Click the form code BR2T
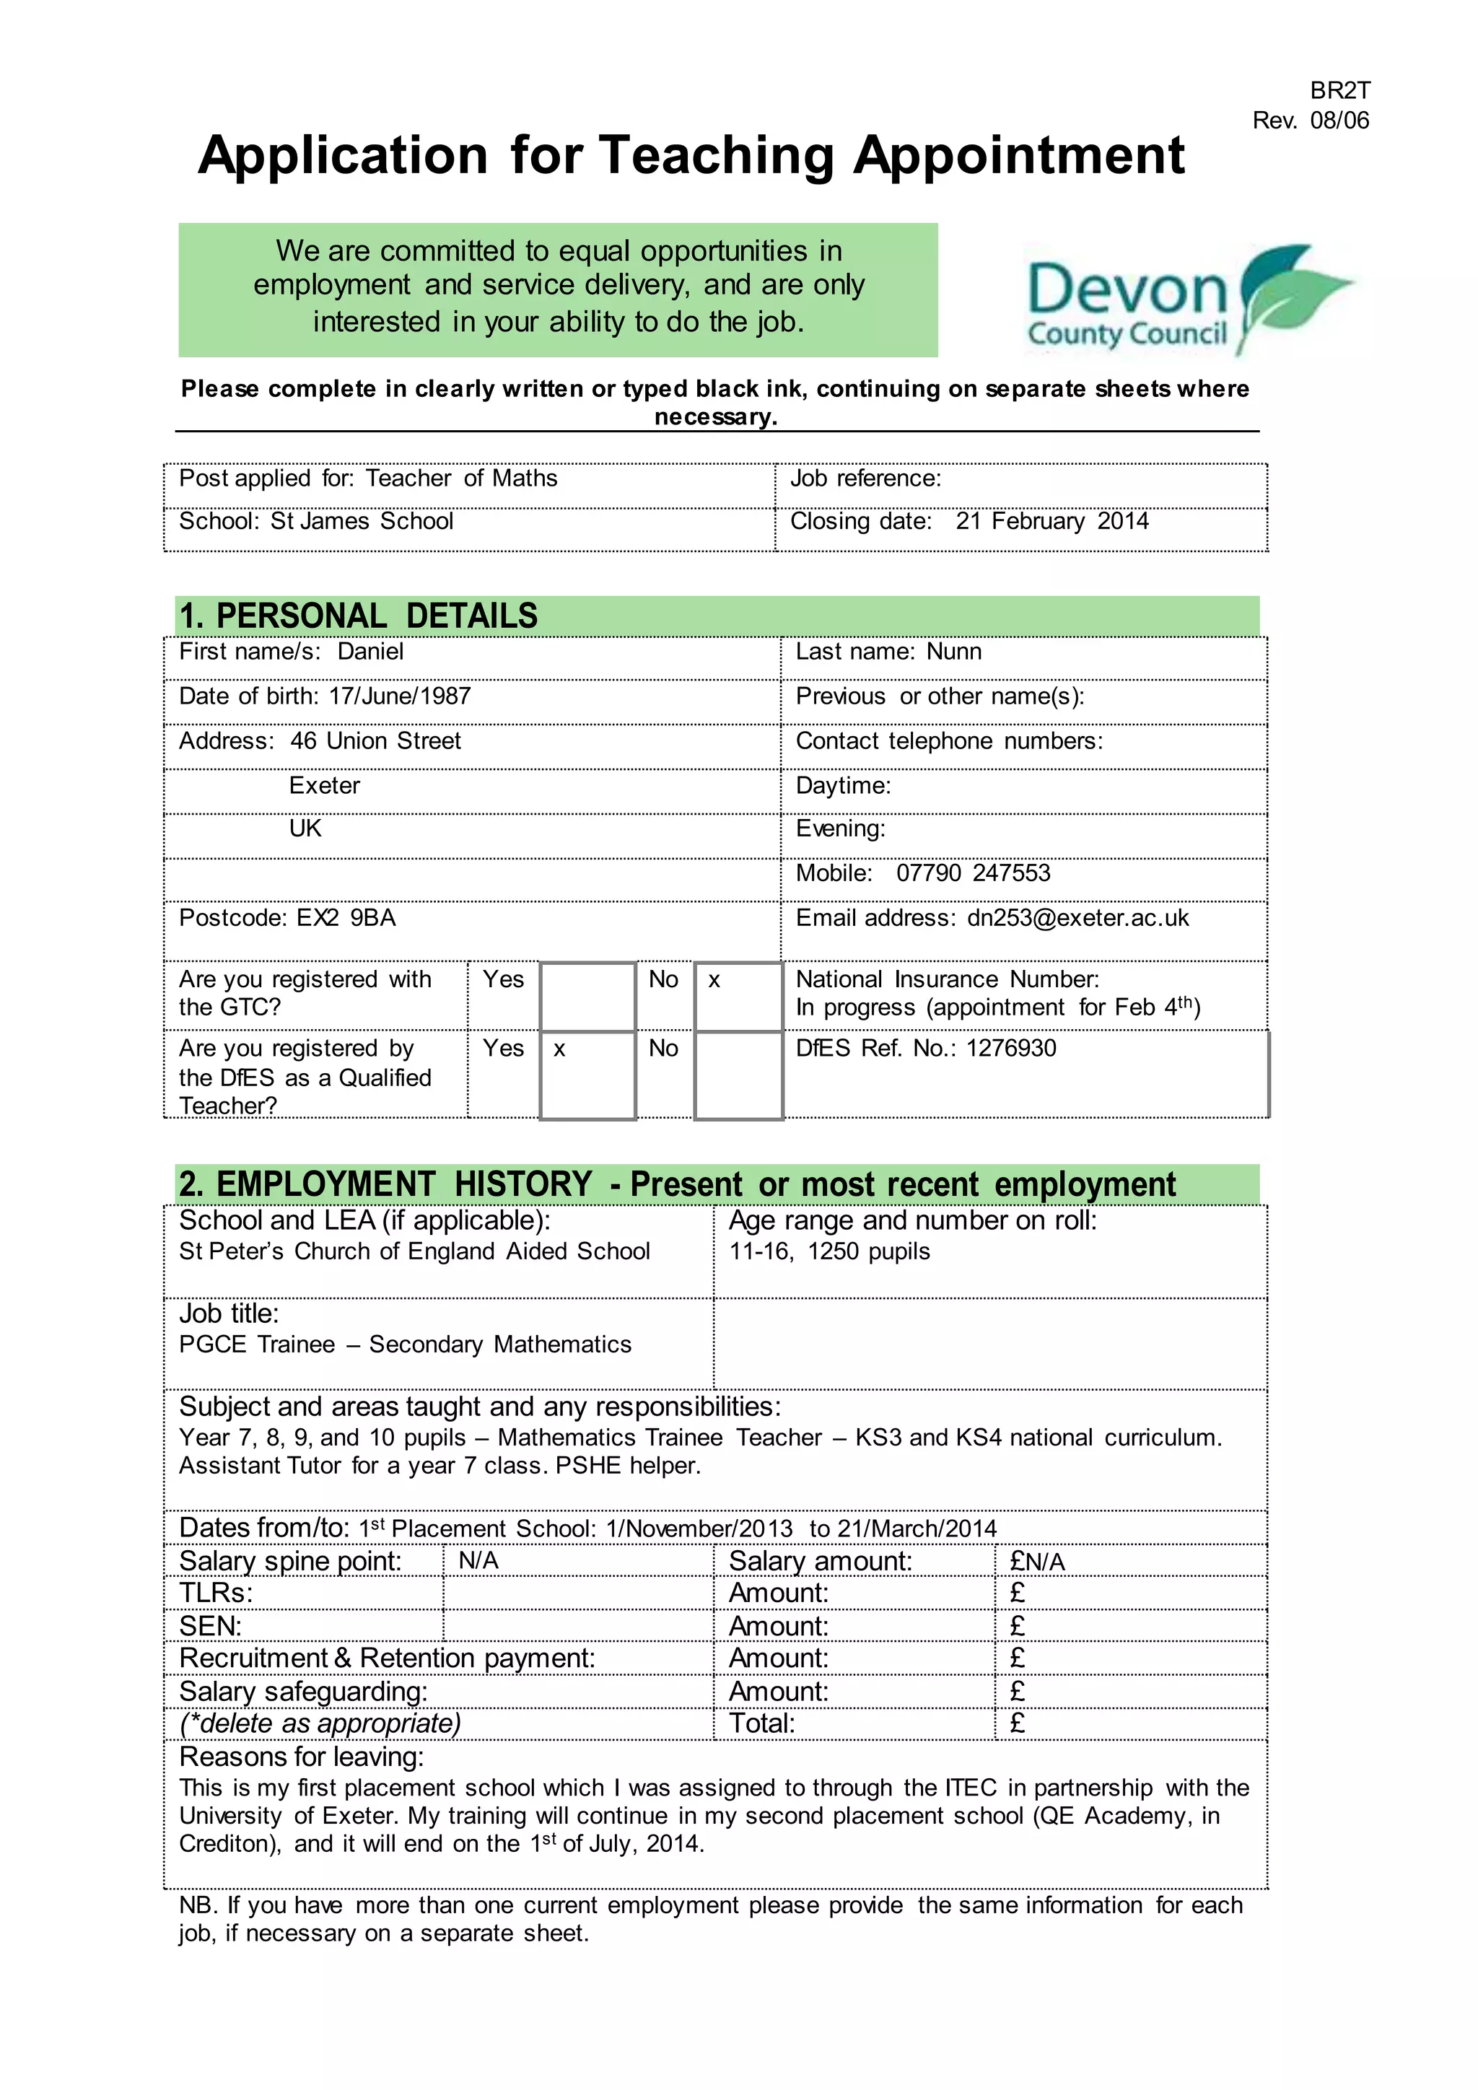point(1339,90)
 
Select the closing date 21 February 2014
point(1051,522)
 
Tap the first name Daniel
point(370,652)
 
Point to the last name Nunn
point(954,652)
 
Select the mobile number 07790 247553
point(973,873)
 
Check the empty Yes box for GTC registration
point(587,996)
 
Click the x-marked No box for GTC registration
point(738,996)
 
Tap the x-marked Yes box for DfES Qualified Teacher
point(587,1075)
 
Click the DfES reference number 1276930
point(1011,1049)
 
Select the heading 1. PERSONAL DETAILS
point(359,616)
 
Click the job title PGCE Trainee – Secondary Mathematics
point(405,1344)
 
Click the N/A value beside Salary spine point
point(478,1560)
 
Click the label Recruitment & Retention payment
point(387,1658)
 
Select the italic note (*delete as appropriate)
point(320,1723)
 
